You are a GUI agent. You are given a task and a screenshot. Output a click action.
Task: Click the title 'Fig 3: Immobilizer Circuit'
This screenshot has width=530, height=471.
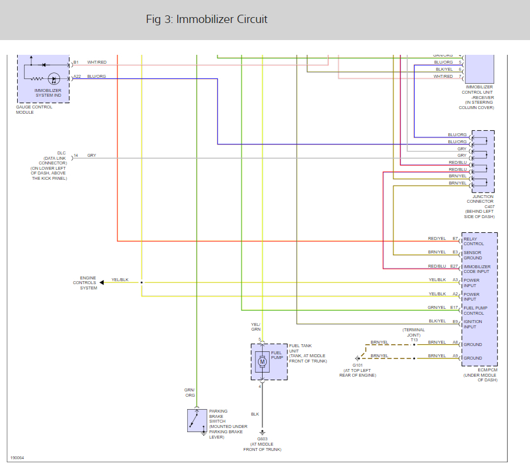[x=207, y=19]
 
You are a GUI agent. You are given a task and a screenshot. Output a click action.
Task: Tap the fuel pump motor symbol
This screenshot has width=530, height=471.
[x=262, y=361]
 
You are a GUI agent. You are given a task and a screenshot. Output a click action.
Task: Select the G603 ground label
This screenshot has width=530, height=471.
[x=262, y=439]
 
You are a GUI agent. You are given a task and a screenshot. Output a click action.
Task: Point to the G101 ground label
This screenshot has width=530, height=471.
[x=357, y=365]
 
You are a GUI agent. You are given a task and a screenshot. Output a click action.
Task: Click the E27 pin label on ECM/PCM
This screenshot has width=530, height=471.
[x=454, y=266]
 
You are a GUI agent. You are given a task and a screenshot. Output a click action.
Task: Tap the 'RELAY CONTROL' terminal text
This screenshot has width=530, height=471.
[x=473, y=241]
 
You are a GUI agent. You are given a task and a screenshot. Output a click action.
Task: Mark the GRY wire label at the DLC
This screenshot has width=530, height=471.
[x=91, y=155]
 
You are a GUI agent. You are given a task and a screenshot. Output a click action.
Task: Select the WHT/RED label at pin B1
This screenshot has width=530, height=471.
[x=97, y=62]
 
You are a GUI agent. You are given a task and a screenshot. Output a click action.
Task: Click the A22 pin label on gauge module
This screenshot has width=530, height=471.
[x=77, y=77]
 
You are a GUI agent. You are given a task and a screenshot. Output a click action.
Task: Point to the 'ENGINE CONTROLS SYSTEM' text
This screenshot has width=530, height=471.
[x=88, y=283]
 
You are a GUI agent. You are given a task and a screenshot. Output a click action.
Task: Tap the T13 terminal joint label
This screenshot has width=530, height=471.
[x=414, y=340]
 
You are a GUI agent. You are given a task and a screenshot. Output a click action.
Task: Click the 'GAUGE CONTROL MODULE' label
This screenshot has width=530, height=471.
[x=34, y=110]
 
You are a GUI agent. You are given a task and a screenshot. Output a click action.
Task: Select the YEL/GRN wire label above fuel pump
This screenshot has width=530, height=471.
[x=256, y=327]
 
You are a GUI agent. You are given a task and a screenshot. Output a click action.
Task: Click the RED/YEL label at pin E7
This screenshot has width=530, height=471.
[x=437, y=239]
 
